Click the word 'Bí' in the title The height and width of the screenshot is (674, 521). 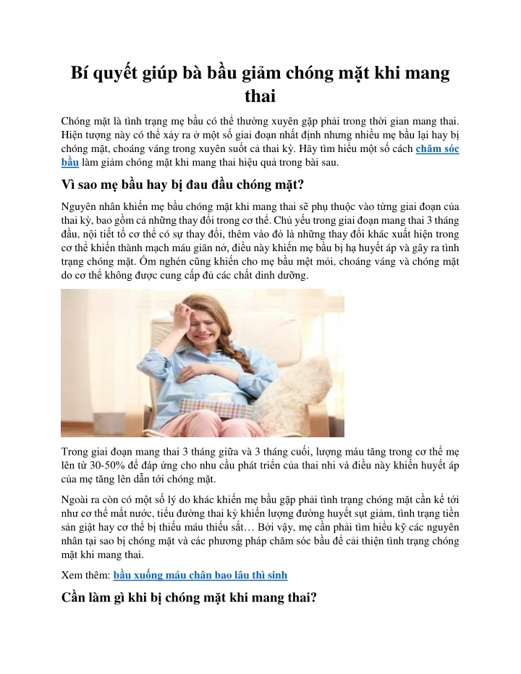point(81,73)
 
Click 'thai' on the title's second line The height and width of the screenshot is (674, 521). point(260,97)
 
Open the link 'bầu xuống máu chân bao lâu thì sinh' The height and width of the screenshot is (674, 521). point(200,576)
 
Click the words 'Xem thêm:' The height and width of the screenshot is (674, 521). point(86,576)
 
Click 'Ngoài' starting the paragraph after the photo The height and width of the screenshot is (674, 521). point(77,500)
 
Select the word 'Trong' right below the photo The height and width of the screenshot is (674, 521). point(76,452)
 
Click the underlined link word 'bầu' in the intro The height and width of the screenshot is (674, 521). point(69,162)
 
